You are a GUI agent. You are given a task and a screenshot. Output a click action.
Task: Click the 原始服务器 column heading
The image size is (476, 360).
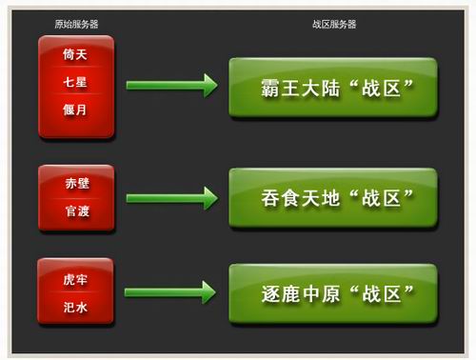click(x=75, y=24)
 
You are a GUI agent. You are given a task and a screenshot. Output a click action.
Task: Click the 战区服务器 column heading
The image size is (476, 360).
click(x=332, y=24)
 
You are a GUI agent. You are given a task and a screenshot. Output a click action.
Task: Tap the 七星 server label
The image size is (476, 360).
click(x=76, y=85)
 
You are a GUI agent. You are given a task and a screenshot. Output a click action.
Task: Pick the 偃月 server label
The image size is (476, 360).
click(x=76, y=110)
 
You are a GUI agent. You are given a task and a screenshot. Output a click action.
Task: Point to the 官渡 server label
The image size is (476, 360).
click(x=76, y=210)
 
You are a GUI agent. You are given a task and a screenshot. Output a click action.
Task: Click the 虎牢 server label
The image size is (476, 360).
click(x=76, y=279)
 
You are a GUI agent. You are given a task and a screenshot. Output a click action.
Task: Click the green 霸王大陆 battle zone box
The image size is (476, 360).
click(x=332, y=88)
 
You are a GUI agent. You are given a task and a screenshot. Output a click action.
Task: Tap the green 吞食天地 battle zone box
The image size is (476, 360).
click(x=332, y=198)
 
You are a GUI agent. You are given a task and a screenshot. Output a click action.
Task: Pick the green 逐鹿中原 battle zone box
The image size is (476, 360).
click(x=332, y=292)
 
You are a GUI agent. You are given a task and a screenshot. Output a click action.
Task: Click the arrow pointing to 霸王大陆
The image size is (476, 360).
click(x=171, y=87)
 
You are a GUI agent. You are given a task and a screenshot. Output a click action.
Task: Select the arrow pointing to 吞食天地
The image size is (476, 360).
click(x=171, y=198)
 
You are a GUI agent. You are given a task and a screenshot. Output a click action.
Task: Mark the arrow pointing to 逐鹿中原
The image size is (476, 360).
click(x=171, y=291)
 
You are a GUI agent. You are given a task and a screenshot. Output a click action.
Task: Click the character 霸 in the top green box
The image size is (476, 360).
click(x=271, y=89)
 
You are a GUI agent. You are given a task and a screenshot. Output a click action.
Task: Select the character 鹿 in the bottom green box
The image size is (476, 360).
click(x=292, y=292)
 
